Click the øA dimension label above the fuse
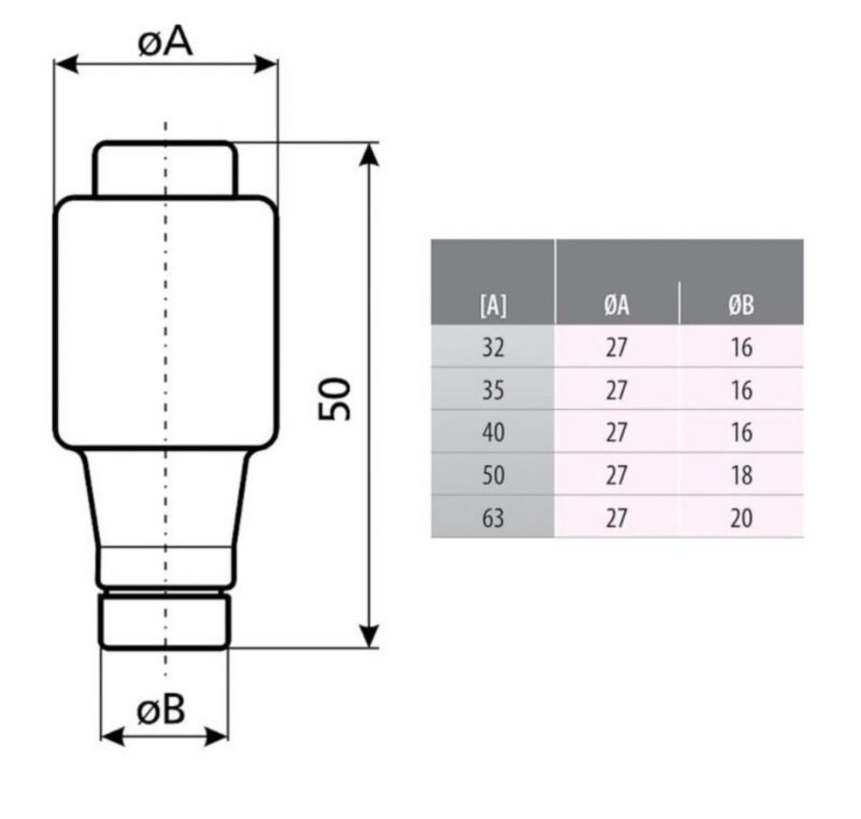(x=165, y=43)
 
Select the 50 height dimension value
(x=335, y=399)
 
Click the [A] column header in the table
(x=493, y=305)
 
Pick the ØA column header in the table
(x=616, y=305)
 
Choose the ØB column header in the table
(x=741, y=305)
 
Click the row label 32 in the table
(x=493, y=348)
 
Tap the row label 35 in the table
(x=493, y=390)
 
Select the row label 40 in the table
(x=493, y=432)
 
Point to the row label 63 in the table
(x=493, y=518)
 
